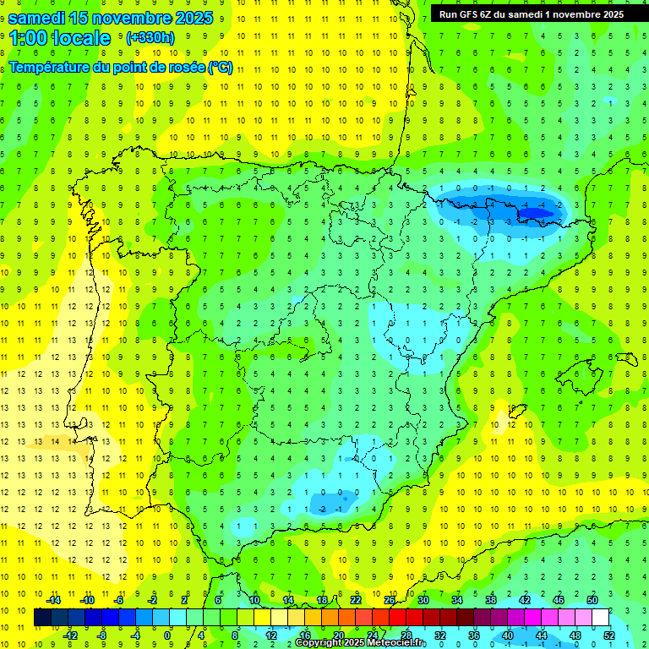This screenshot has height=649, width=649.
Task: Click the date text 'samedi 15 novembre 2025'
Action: coord(110,17)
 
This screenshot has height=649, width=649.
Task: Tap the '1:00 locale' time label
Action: coord(60,38)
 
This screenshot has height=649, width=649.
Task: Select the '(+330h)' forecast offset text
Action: coord(150,38)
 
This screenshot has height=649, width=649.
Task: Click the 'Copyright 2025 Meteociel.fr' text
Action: coord(361,643)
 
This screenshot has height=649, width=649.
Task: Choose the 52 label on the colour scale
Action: coord(610,635)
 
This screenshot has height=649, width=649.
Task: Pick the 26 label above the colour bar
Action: coord(390,600)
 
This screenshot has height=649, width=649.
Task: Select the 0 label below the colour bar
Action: coord(168,635)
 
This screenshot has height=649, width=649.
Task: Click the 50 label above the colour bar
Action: coord(592,600)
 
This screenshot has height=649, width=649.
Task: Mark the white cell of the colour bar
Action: coord(600,618)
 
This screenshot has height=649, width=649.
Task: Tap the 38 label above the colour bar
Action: coord(491,600)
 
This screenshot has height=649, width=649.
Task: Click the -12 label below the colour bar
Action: coord(70,635)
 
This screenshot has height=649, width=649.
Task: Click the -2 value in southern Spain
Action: coord(324,509)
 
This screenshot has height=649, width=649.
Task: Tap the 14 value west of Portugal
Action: coord(54,441)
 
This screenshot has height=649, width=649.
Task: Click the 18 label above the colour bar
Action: coord(322,600)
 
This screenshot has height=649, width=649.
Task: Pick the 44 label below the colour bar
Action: coord(542,635)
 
